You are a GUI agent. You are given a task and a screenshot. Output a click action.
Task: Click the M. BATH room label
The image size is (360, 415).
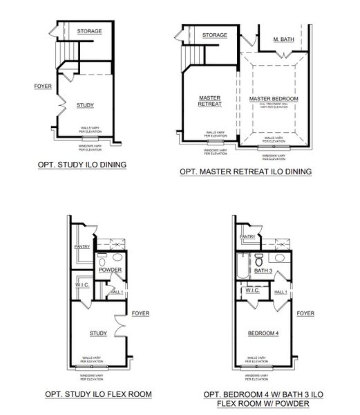coord(284,39)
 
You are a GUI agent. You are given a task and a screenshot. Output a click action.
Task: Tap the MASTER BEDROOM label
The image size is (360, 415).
coord(274,99)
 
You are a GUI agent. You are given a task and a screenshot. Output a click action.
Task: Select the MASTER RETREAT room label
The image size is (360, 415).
coord(209,102)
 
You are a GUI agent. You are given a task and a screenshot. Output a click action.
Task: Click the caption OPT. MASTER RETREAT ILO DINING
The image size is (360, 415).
coord(245,171)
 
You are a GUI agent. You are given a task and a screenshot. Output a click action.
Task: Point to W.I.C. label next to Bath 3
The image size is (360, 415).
coord(250,291)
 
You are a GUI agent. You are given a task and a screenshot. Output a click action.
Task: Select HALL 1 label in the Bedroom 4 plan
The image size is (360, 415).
coord(280,293)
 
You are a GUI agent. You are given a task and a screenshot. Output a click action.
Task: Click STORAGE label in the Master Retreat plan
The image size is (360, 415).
coord(215,35)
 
